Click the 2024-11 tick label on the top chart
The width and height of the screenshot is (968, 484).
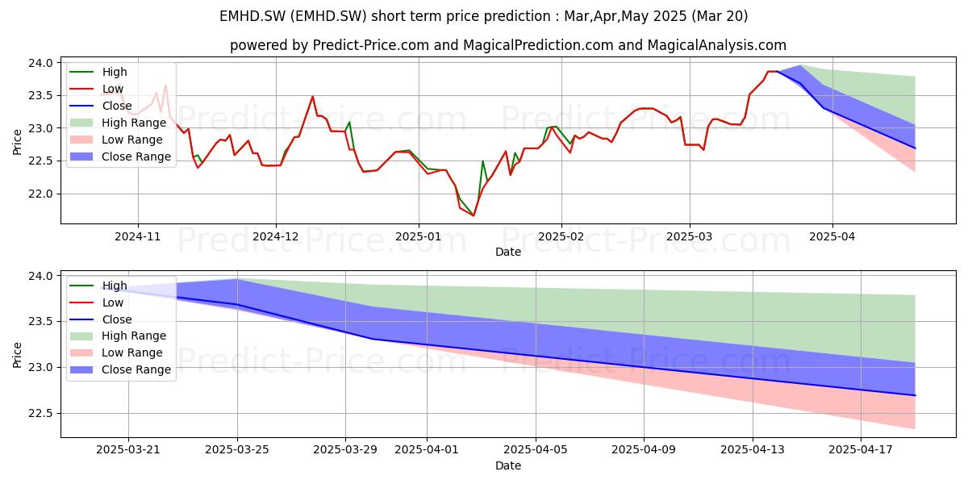tap(137, 237)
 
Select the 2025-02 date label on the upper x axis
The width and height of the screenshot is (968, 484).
tap(561, 237)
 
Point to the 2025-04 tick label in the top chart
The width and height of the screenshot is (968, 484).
tap(832, 237)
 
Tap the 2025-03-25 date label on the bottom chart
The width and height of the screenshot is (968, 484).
tap(237, 450)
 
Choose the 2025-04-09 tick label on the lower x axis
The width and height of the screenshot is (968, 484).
tap(644, 450)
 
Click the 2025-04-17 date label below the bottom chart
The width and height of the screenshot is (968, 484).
tap(861, 450)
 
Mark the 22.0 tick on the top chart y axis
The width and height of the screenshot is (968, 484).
tap(40, 194)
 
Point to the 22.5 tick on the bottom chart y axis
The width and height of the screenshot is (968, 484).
tap(40, 414)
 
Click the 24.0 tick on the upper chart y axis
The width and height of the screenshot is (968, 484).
tap(40, 63)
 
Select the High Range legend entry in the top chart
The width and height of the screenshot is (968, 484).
tap(118, 123)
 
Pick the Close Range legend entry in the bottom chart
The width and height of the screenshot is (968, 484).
tap(119, 369)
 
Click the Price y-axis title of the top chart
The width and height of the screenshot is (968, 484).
tap(17, 142)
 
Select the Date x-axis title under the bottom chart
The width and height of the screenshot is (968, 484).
tap(507, 465)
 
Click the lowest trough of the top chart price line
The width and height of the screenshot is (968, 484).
tap(474, 215)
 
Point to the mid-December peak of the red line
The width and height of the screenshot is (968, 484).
tap(312, 96)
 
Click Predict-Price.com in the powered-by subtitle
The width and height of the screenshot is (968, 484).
tap(371, 45)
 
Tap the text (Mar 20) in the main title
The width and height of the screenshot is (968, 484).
tap(720, 16)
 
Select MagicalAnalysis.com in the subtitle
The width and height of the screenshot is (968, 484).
tap(716, 45)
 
